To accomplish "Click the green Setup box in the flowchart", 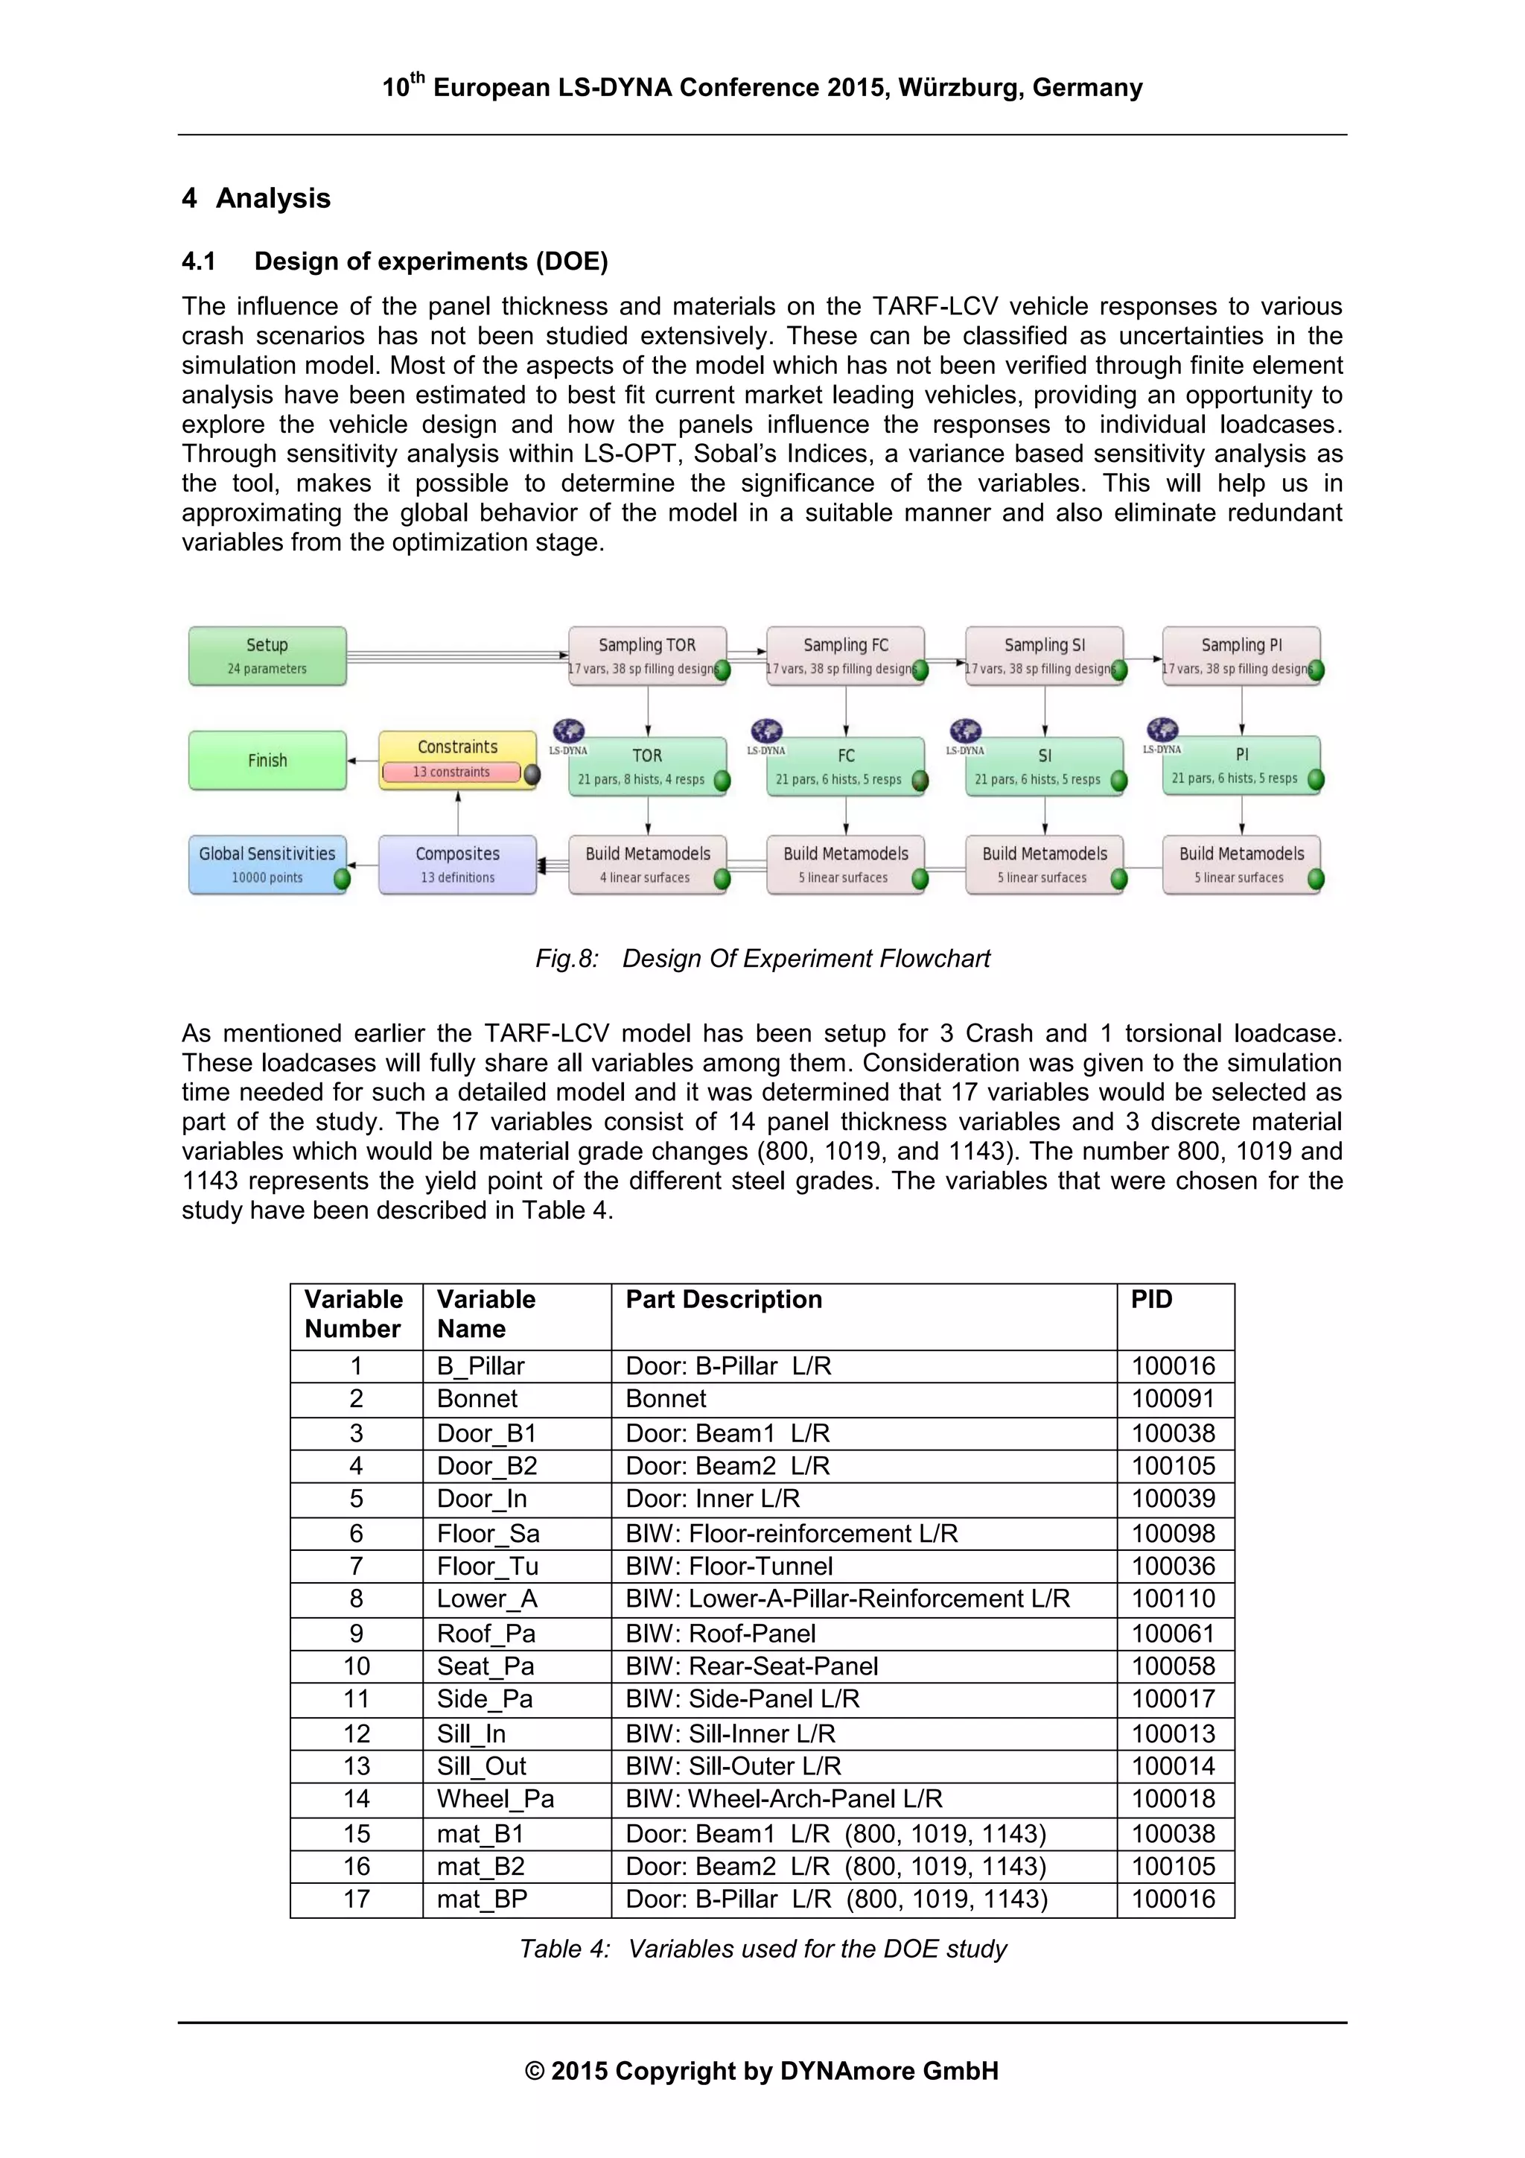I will (267, 655).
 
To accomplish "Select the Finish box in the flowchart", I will (267, 760).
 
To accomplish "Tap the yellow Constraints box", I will (458, 748).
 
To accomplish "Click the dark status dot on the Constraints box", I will (532, 775).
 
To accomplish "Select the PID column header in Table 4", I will (1151, 1299).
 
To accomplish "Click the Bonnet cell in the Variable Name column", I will (477, 1398).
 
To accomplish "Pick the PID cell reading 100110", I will (1173, 1599).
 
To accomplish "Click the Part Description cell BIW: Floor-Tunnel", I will (729, 1566).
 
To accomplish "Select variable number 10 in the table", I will (356, 1666).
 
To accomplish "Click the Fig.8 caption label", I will (567, 959).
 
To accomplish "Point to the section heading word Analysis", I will (273, 198).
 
